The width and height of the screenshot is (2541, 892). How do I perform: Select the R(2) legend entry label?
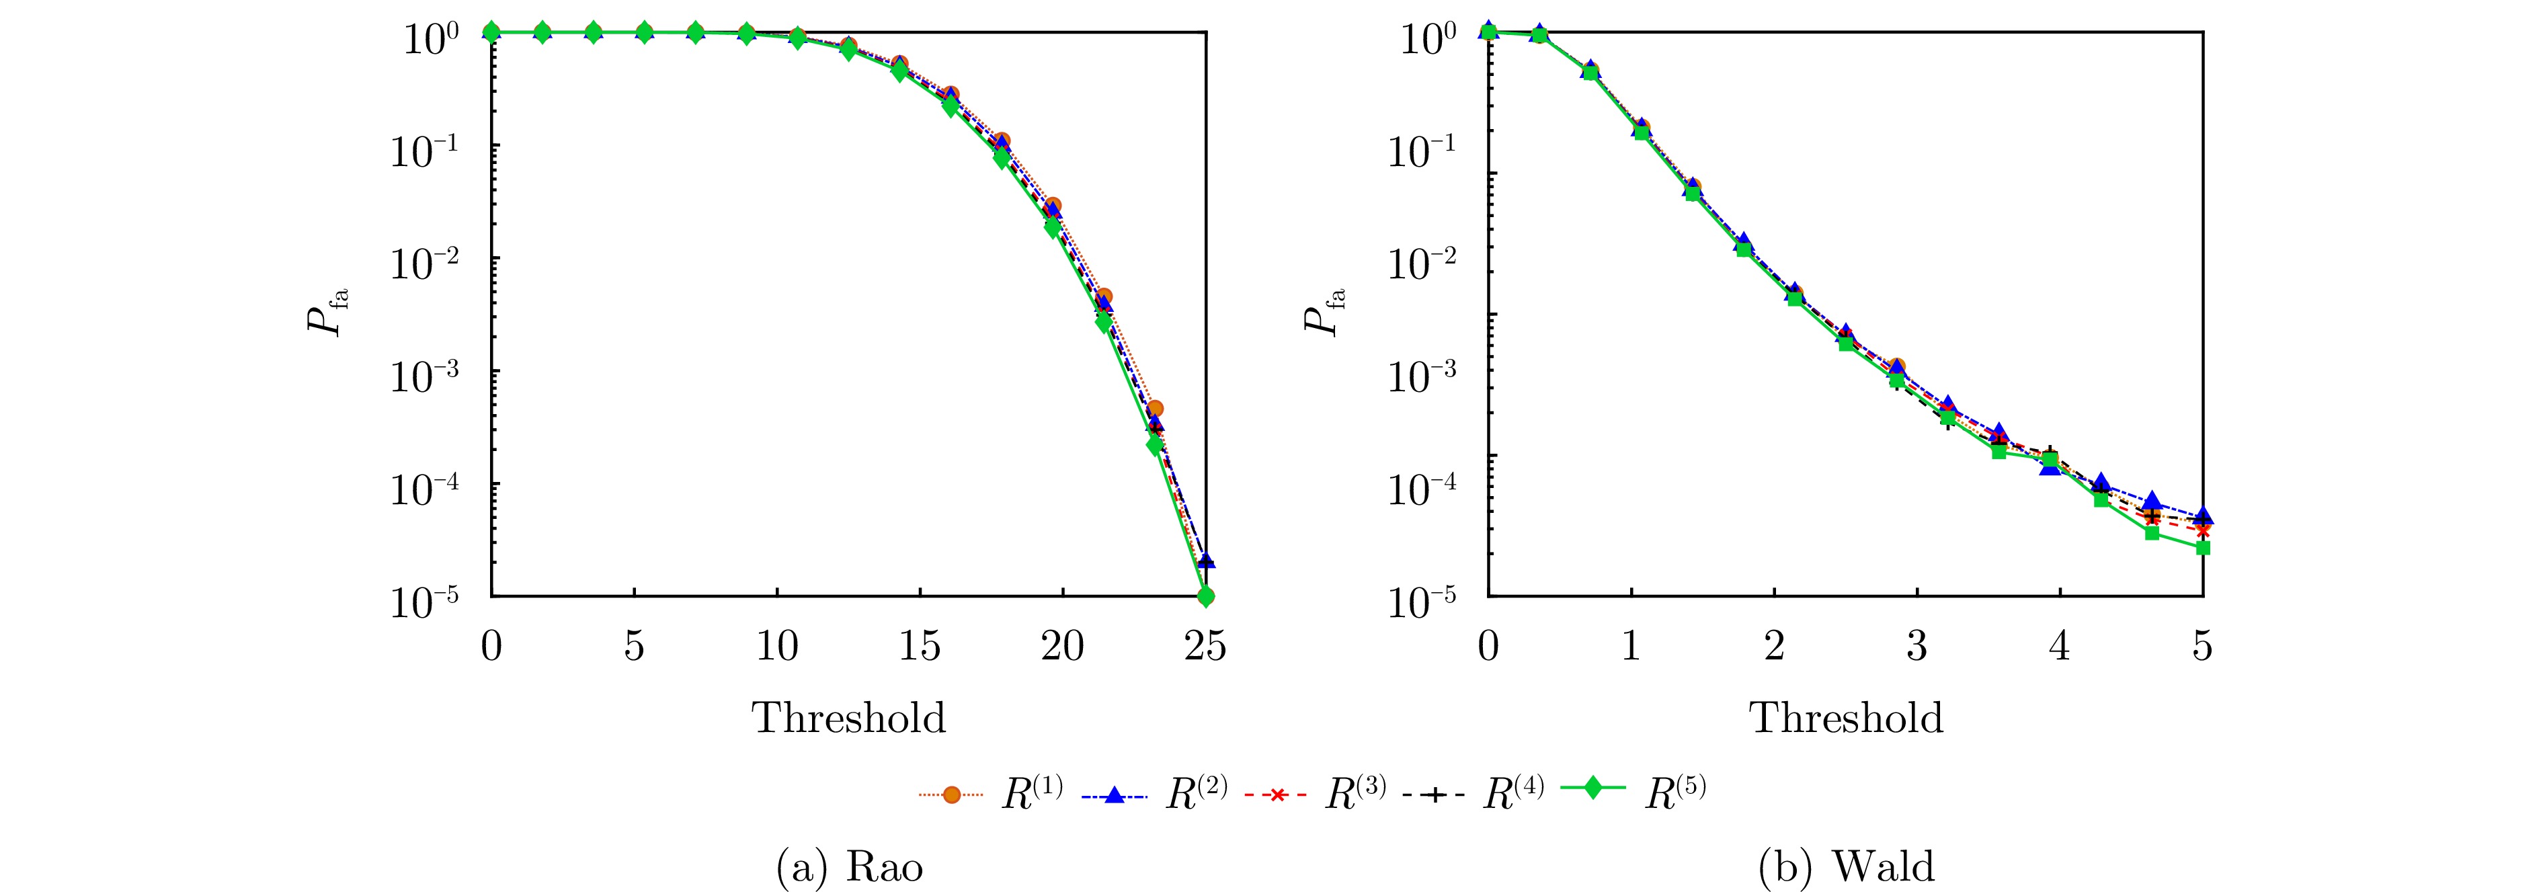(1195, 793)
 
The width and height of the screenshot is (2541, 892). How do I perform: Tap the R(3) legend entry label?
(1355, 793)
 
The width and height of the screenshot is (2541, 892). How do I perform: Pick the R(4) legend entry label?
(1513, 793)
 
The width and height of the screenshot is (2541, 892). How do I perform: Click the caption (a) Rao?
(849, 867)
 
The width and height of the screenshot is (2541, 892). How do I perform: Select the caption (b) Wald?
(1847, 867)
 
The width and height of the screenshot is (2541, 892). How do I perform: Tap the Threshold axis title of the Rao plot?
(849, 717)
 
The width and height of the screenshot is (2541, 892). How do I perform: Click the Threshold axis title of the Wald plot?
(1847, 717)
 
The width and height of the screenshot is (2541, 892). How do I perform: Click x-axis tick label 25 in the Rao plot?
(1205, 647)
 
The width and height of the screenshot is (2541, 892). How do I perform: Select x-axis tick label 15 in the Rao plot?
(920, 647)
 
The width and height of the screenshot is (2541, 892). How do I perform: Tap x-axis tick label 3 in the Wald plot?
(1917, 647)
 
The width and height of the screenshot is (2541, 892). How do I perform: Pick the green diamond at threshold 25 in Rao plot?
(1205, 596)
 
